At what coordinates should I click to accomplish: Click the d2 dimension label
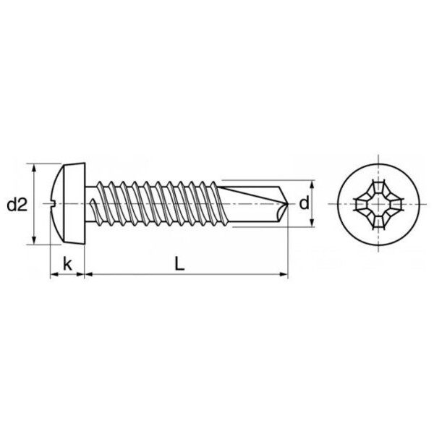[x=17, y=205]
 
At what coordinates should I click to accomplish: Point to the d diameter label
[x=304, y=203]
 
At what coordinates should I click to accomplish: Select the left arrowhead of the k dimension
[x=54, y=275]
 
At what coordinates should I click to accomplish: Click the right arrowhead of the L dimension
[x=284, y=275]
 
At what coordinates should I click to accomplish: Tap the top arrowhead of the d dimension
[x=313, y=184]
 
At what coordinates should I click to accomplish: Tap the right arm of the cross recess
[x=394, y=205]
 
